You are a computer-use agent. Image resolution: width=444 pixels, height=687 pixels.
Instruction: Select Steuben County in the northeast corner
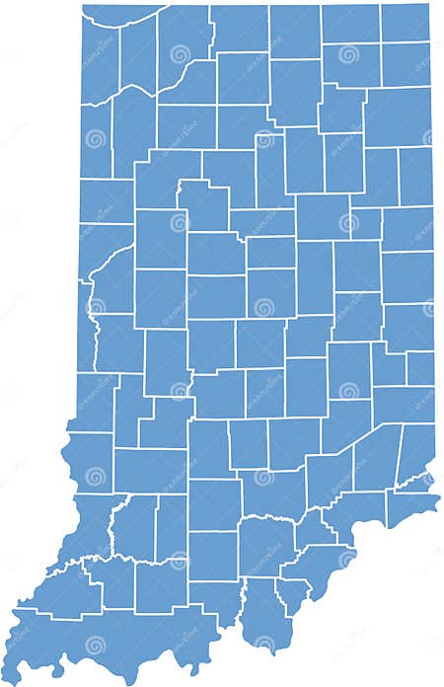click(x=406, y=22)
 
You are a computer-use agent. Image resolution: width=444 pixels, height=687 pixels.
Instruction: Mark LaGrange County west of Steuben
click(x=350, y=22)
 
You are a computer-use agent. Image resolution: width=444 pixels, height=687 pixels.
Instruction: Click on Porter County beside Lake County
click(x=137, y=49)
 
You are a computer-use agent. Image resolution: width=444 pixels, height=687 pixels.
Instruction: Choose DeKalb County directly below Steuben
click(x=406, y=65)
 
